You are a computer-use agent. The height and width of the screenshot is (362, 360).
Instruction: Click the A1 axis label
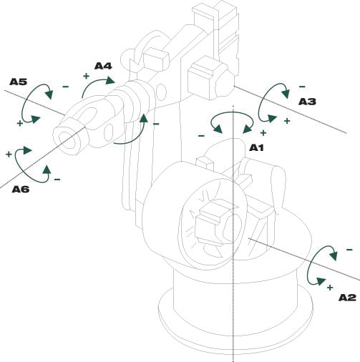[256, 147]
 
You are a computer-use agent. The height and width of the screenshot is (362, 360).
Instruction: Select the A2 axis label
[346, 297]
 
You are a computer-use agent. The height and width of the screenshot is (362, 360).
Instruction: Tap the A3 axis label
[306, 102]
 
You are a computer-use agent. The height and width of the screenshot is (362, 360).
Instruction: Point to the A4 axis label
[103, 66]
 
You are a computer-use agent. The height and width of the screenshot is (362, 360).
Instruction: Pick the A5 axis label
[19, 82]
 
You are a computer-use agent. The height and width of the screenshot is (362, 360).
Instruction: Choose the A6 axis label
[22, 189]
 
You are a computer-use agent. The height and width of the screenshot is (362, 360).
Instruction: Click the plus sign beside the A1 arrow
[263, 133]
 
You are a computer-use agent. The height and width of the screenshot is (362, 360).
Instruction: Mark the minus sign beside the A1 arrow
[201, 134]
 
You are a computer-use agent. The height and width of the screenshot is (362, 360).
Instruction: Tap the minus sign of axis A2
[349, 250]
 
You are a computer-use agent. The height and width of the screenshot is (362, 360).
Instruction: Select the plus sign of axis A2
[329, 287]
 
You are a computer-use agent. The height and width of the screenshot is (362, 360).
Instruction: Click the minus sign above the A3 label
[301, 87]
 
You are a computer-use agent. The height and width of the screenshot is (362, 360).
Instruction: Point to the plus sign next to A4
[86, 76]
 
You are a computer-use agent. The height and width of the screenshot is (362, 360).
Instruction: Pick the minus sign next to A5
[65, 87]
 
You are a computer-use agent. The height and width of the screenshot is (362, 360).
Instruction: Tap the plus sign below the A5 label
[19, 123]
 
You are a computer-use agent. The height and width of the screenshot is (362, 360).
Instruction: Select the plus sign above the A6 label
[9, 154]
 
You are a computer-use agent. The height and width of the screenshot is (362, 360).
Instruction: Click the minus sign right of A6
[57, 178]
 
